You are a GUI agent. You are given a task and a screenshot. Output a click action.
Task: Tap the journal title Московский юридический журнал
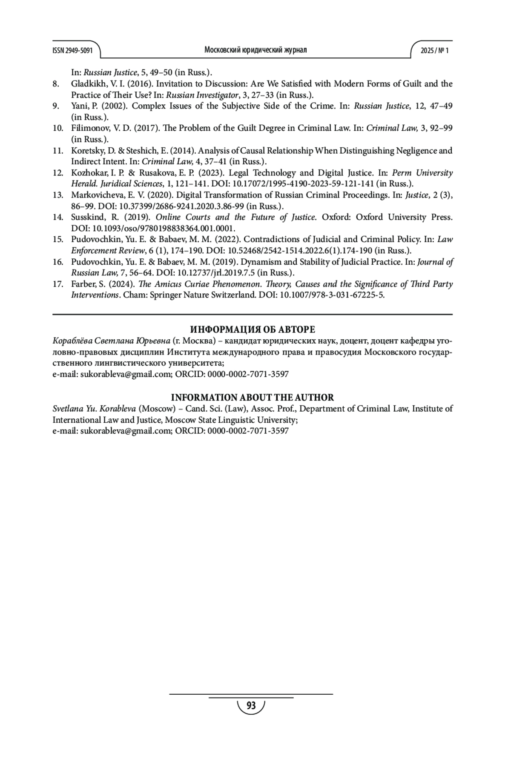(x=255, y=50)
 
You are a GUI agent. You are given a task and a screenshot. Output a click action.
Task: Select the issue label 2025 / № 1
(x=434, y=51)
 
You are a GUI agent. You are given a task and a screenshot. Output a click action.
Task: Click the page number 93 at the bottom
(x=251, y=706)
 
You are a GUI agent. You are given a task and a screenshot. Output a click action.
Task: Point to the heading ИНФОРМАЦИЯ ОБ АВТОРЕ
(x=253, y=329)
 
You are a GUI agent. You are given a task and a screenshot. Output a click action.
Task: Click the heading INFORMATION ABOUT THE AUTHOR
(x=253, y=398)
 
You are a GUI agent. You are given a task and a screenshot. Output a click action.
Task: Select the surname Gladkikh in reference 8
(x=88, y=84)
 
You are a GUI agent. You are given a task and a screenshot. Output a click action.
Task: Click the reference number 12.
(x=58, y=173)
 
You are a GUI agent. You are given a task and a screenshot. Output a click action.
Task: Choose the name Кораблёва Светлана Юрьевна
(x=112, y=341)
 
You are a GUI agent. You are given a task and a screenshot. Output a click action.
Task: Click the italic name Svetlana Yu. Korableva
(x=94, y=409)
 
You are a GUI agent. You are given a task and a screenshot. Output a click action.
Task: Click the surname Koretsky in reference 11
(x=87, y=151)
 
